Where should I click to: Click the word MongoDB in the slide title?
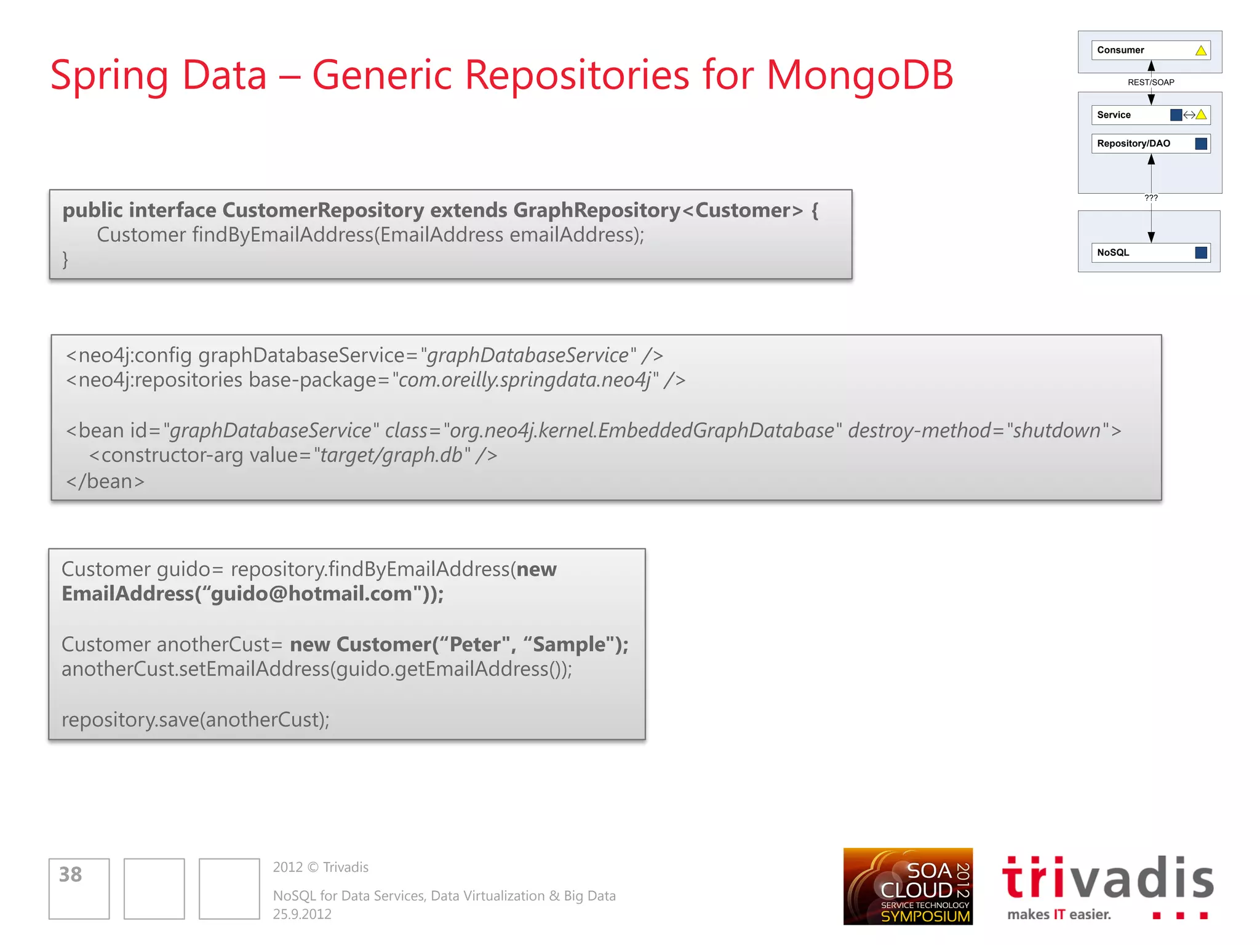(x=859, y=75)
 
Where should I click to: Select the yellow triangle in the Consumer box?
(x=1200, y=50)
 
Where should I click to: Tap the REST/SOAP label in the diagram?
(x=1150, y=82)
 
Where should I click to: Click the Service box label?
(x=1114, y=115)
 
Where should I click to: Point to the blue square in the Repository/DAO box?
(x=1200, y=144)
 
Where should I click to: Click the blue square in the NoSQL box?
(x=1200, y=253)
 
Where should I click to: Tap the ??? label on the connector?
(x=1150, y=198)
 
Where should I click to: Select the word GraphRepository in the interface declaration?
(x=596, y=210)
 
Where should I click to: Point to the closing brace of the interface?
(x=65, y=260)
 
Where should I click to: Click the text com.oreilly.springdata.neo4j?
(x=525, y=380)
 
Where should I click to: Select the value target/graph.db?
(x=391, y=455)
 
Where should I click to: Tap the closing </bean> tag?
(x=105, y=481)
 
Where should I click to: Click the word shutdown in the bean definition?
(x=1056, y=431)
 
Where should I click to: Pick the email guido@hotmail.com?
(x=311, y=594)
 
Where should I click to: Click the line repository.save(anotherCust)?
(x=196, y=720)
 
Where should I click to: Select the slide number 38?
(x=70, y=874)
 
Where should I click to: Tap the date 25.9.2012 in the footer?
(x=302, y=914)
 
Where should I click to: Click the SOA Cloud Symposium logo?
(x=907, y=887)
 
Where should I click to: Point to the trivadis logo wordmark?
(x=1107, y=878)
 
